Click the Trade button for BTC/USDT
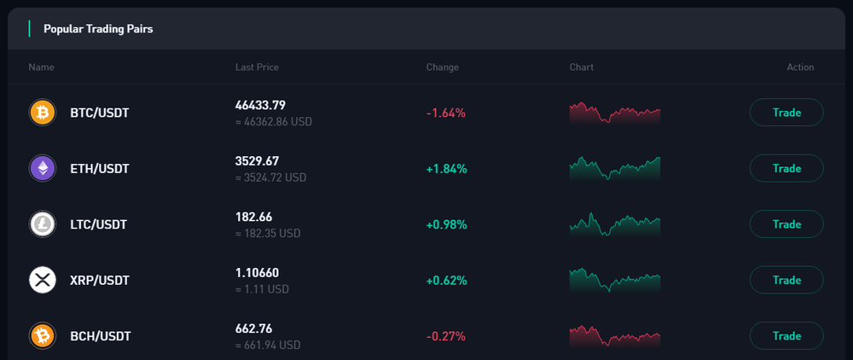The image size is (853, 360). [x=786, y=113]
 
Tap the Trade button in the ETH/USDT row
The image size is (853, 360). [x=786, y=168]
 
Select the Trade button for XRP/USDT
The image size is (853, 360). [x=786, y=280]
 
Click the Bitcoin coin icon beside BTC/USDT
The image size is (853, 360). [x=42, y=113]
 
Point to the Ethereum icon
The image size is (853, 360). [x=42, y=168]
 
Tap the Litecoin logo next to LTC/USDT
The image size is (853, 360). [x=42, y=224]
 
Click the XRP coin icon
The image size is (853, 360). [x=42, y=280]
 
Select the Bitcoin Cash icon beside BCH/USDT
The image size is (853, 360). [x=42, y=336]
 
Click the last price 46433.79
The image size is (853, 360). [x=260, y=105]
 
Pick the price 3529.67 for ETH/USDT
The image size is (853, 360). [x=257, y=161]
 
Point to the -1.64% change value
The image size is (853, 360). [x=446, y=113]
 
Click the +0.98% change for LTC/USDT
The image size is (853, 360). [x=446, y=224]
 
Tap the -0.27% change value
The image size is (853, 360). [x=446, y=336]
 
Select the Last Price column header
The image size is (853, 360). [x=257, y=67]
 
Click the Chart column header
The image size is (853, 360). [x=581, y=67]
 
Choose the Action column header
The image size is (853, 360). [x=800, y=67]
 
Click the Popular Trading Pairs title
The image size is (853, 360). [x=98, y=29]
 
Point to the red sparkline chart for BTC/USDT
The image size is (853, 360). [x=614, y=113]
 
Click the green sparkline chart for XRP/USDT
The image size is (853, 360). [x=614, y=280]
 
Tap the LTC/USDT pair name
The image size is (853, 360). [x=98, y=224]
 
